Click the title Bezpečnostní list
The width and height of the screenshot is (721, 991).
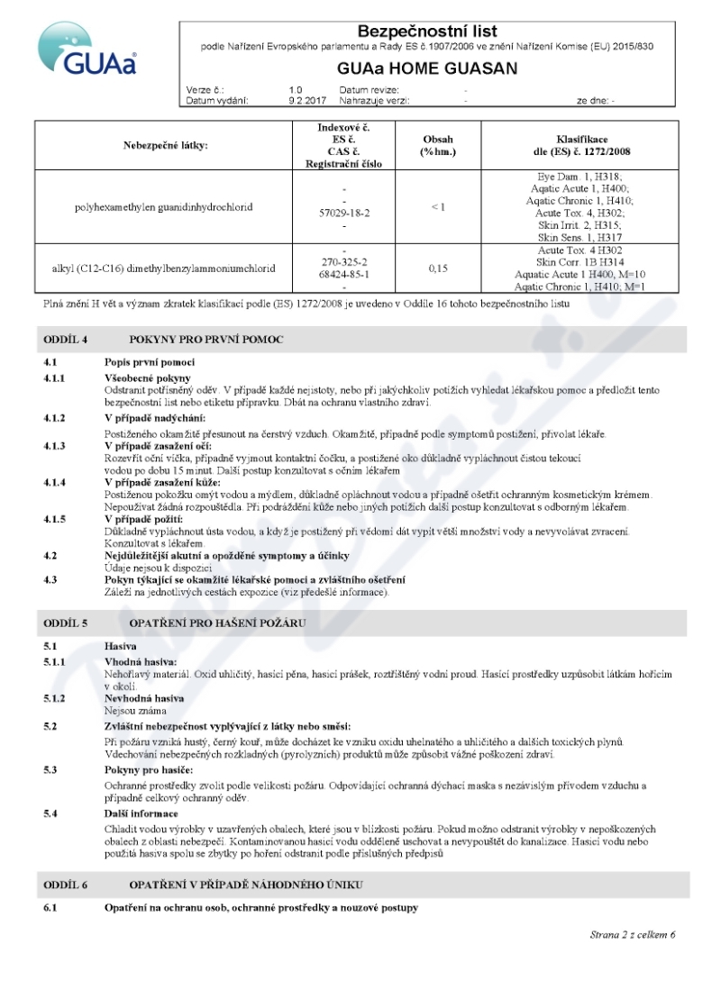pyautogui.click(x=427, y=32)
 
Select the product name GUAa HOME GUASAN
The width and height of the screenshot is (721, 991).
pyautogui.click(x=427, y=68)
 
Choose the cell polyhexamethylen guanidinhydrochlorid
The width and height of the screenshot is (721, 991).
pyautogui.click(x=163, y=207)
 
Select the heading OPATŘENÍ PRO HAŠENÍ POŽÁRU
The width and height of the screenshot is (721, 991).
pyautogui.click(x=217, y=623)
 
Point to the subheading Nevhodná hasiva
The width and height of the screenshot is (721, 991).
pyautogui.click(x=144, y=698)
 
